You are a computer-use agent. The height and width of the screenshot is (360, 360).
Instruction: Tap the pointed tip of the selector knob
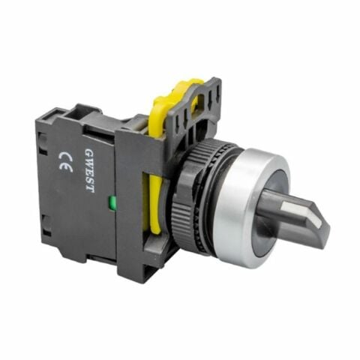coord(324,223)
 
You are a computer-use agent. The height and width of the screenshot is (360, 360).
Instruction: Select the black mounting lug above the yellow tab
coord(206,86)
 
